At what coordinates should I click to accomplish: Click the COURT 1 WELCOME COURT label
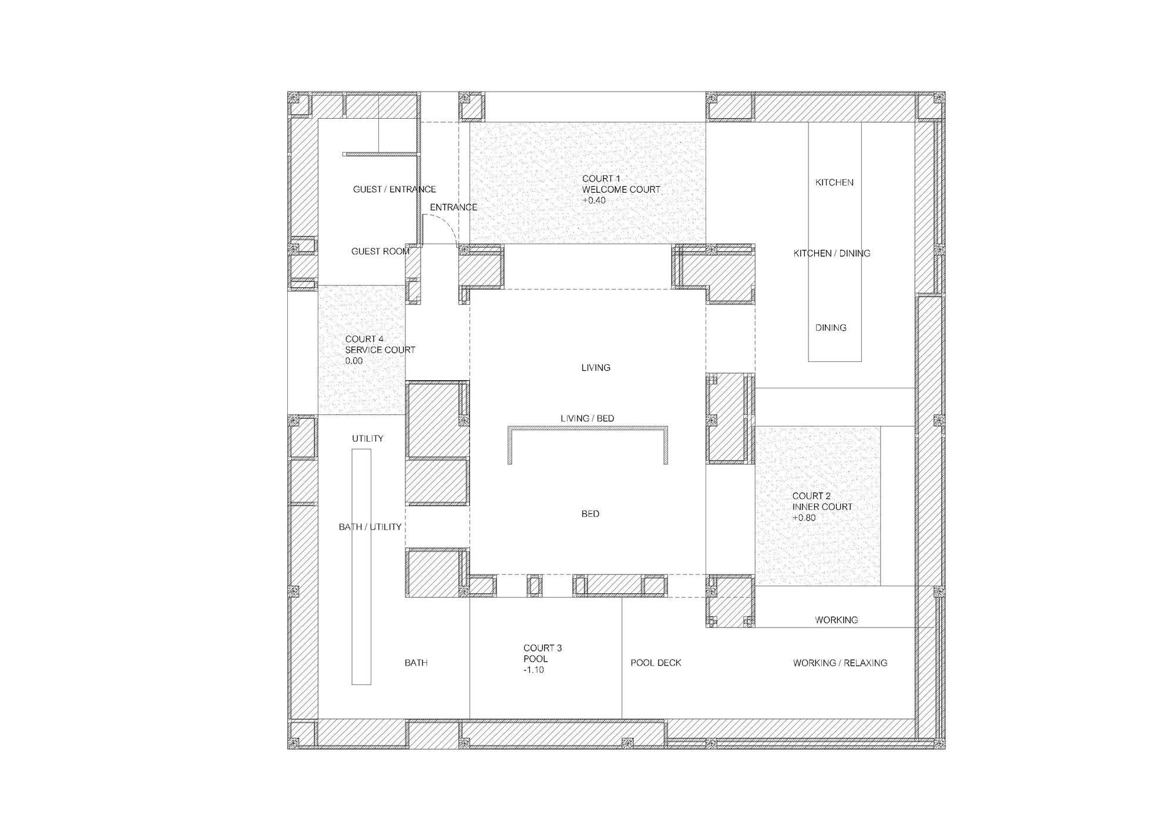[621, 184]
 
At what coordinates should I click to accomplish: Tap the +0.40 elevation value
[594, 200]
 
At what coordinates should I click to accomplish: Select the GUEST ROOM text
[380, 251]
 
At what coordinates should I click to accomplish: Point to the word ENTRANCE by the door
[454, 207]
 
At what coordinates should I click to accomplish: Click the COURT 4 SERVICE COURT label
[380, 344]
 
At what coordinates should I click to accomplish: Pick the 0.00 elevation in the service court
[354, 361]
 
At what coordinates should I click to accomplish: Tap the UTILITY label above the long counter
[368, 439]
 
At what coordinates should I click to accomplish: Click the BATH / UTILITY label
[370, 527]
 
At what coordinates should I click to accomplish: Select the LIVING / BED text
[587, 418]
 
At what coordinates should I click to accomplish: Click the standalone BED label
[590, 514]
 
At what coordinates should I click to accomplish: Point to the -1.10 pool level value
[533, 670]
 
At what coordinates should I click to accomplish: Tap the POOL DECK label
[656, 663]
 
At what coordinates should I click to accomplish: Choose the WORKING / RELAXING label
[840, 663]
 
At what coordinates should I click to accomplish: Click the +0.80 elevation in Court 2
[804, 518]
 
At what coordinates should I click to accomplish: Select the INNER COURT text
[822, 507]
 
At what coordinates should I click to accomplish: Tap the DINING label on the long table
[831, 328]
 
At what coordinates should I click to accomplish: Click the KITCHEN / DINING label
[832, 253]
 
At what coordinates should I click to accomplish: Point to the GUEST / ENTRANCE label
[394, 189]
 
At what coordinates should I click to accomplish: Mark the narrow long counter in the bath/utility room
[361, 567]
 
